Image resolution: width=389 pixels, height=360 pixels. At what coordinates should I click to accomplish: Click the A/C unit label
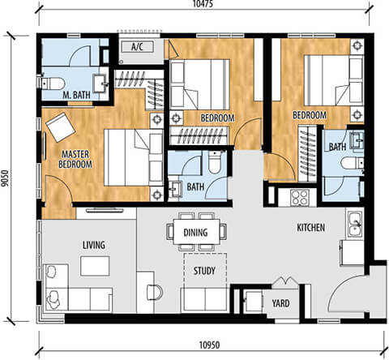[137, 47]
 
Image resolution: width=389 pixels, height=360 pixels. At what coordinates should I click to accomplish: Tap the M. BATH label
[76, 95]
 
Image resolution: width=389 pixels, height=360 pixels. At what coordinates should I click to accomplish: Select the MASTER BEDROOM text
[75, 159]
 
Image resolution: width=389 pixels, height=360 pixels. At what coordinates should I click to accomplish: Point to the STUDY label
[204, 271]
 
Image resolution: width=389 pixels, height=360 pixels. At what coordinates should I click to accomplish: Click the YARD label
[280, 303]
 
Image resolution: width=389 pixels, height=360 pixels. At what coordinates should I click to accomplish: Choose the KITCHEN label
[311, 228]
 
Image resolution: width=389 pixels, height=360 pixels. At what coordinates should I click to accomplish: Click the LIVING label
[94, 245]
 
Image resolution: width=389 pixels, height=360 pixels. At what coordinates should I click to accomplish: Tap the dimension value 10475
[203, 4]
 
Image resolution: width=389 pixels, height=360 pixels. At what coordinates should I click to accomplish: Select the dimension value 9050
[5, 178]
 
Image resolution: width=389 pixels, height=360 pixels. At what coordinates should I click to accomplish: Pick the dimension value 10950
[210, 345]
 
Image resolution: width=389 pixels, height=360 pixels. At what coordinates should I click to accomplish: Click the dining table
[196, 232]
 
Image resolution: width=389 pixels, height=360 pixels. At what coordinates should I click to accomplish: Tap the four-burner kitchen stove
[300, 197]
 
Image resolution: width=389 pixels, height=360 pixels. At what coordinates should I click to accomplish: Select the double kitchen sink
[355, 224]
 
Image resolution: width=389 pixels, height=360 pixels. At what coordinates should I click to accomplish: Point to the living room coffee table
[95, 266]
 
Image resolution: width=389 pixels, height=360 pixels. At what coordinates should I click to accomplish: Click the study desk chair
[155, 293]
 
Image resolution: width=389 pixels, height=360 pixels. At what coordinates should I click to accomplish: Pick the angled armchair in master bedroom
[60, 127]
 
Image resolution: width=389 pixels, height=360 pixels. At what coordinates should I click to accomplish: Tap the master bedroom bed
[133, 157]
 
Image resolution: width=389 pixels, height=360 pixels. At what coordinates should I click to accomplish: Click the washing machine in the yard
[253, 302]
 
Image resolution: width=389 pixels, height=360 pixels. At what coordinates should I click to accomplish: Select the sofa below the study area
[205, 299]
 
